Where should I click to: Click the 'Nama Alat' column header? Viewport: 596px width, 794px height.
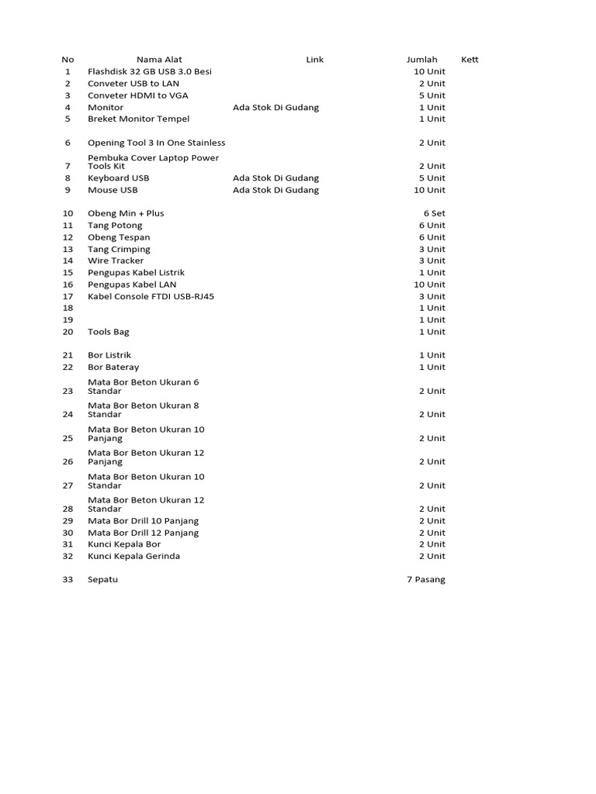[159, 60]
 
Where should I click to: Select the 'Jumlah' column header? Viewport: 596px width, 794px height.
[421, 60]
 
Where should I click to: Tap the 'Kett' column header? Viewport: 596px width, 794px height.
[470, 60]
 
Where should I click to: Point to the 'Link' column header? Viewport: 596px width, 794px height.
[314, 60]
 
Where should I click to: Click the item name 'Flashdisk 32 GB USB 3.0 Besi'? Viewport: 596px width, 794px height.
[150, 71]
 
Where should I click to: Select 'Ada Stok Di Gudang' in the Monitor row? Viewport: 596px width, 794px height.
[275, 107]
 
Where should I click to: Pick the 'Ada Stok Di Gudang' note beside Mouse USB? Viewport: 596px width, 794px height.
[275, 190]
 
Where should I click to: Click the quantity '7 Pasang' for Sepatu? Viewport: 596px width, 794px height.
[426, 579]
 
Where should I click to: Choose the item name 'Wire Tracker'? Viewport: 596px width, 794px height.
[116, 261]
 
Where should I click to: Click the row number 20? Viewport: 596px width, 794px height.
[68, 332]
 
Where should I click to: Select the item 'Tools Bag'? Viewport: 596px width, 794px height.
[109, 332]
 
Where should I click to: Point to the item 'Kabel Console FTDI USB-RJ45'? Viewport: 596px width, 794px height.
[151, 296]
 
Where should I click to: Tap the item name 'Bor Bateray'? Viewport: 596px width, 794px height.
[113, 367]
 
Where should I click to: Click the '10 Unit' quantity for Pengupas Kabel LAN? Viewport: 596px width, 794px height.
[429, 285]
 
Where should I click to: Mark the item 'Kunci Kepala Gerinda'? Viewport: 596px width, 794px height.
[133, 556]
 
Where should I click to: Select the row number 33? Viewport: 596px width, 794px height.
[68, 579]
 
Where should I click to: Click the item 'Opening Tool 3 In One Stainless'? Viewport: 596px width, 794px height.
[157, 143]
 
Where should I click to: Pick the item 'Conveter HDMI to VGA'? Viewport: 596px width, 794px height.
[138, 95]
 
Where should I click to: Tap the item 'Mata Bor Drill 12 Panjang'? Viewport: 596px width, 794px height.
[144, 533]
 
